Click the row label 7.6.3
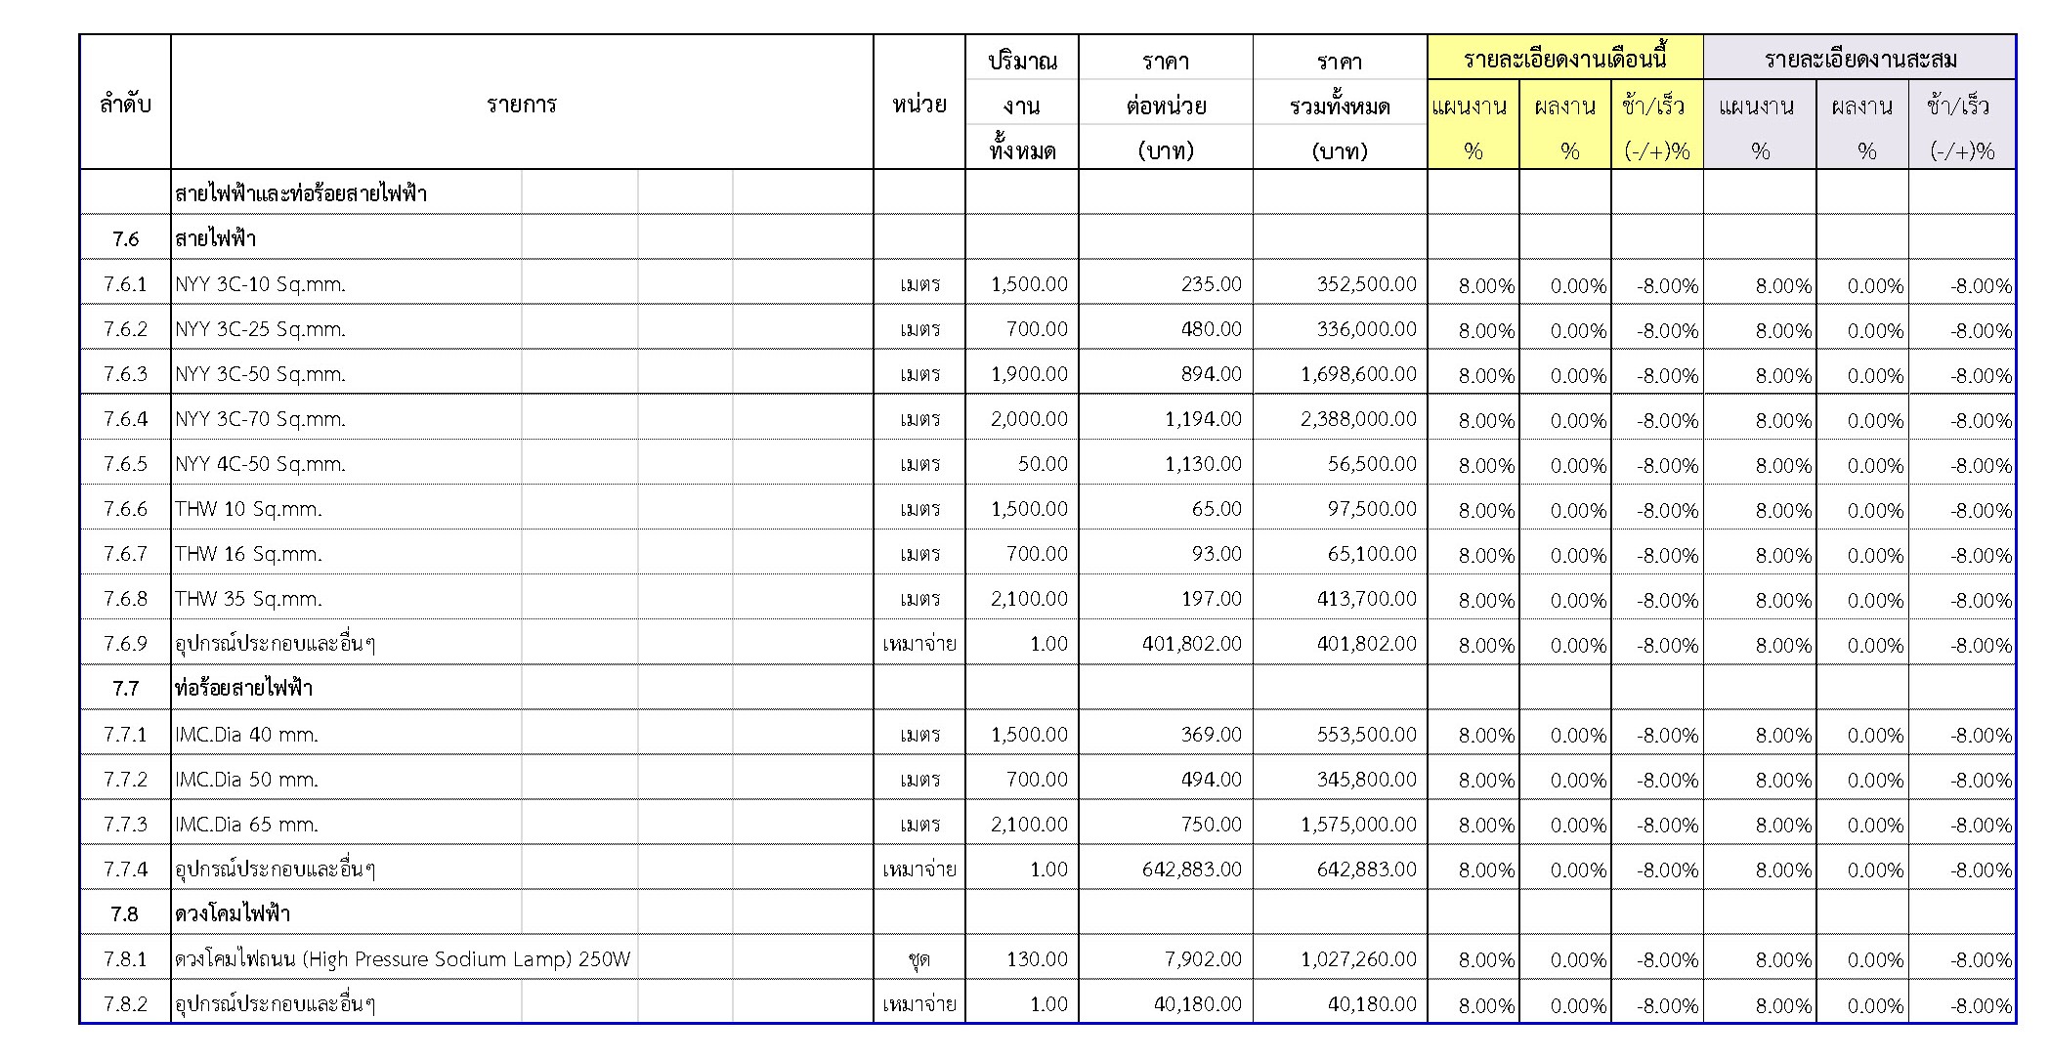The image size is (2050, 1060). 125,374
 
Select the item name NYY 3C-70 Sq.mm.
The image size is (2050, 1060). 260,419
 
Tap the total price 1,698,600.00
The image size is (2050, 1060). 1358,374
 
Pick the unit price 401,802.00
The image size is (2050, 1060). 1191,644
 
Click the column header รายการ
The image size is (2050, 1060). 522,105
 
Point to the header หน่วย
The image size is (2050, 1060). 918,105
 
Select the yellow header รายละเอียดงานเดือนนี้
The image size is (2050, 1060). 1564,59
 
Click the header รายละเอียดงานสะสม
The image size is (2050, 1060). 1860,61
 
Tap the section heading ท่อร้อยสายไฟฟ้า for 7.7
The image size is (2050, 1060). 243,688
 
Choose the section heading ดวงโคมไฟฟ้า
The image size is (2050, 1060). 233,914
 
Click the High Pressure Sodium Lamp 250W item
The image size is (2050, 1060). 403,959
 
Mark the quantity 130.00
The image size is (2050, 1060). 1037,959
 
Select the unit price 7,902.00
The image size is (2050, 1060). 1203,959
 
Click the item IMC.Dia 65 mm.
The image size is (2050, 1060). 246,825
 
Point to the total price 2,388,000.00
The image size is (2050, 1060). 1358,419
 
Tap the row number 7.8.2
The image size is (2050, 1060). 125,1004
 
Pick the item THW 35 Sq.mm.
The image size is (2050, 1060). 248,599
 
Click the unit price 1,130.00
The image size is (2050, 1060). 1203,464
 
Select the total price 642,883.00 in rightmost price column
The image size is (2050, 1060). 1366,869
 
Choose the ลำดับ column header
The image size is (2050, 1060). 125,105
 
